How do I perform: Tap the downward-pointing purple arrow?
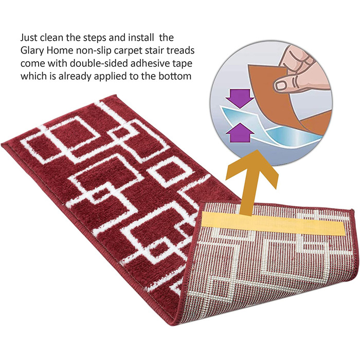pyautogui.click(x=240, y=99)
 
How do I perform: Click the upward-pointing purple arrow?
pyautogui.click(x=240, y=133)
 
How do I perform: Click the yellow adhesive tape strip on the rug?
pyautogui.click(x=273, y=223)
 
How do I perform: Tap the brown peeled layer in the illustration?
pyautogui.click(x=282, y=97)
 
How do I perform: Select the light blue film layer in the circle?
pyautogui.click(x=264, y=129)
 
